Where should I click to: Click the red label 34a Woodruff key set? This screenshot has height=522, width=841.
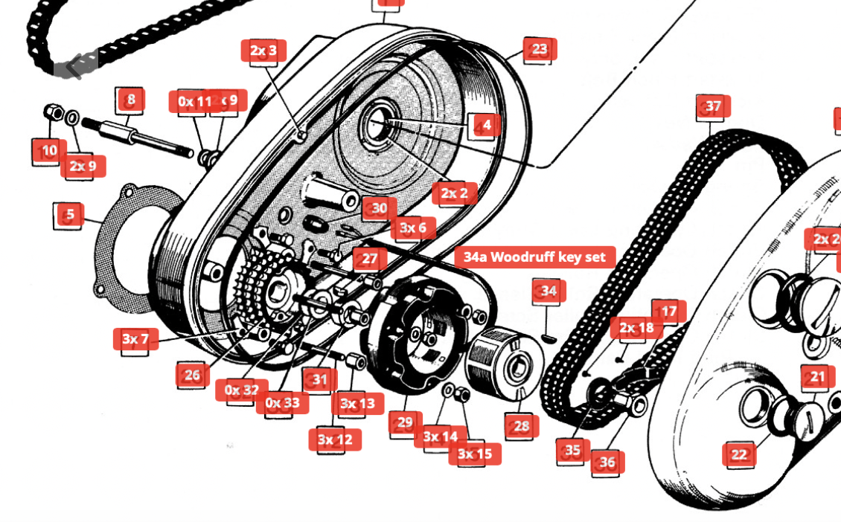coord(535,258)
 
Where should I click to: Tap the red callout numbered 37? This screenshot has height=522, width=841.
coord(713,106)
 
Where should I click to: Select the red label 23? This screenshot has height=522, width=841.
coord(540,50)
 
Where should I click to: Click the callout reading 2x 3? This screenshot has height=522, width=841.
coord(263,51)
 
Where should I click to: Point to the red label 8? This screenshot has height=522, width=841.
coord(131,99)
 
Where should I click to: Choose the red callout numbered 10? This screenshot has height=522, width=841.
coord(50,151)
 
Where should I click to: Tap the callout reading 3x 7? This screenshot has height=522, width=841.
coord(135,340)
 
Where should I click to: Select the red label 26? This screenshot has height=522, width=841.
coord(193,375)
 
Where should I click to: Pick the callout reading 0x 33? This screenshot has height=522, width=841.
coord(282,403)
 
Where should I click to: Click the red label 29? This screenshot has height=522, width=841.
coord(405,423)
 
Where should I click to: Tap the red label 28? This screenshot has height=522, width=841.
coord(522,426)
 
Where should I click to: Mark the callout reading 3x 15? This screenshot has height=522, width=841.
coord(475,454)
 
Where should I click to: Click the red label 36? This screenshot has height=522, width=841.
coord(607,463)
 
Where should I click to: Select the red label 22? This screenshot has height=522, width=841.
coord(739,454)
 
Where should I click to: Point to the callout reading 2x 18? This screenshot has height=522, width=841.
coord(636,328)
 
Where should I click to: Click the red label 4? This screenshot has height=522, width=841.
coord(487,125)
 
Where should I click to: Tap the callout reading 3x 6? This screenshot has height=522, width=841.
coord(413,228)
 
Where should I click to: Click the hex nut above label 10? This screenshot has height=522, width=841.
coord(53,113)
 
